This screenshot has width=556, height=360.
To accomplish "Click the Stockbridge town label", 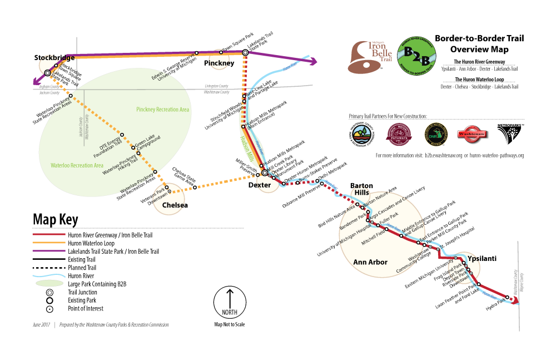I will pos(54,57).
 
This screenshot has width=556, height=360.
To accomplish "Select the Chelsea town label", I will pos(175,205).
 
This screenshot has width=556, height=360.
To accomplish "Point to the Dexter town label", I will pos(259,185).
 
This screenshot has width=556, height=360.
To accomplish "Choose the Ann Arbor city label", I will pos(370,262).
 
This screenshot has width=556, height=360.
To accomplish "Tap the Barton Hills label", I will pos(361,189).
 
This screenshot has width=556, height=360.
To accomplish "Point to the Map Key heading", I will pos(56,218).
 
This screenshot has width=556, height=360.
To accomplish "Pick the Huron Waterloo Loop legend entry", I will pos(91,243).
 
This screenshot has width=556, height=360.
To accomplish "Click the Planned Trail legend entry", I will pos(87,268).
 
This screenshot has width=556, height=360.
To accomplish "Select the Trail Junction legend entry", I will pos(82,292).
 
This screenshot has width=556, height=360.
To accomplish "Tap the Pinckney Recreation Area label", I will pos(162,110).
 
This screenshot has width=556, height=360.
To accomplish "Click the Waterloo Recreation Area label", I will pos(77,165).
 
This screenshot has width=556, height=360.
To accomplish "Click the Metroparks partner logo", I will pos(510,134).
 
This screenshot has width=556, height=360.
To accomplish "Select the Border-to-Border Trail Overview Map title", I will pos(479,43).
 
